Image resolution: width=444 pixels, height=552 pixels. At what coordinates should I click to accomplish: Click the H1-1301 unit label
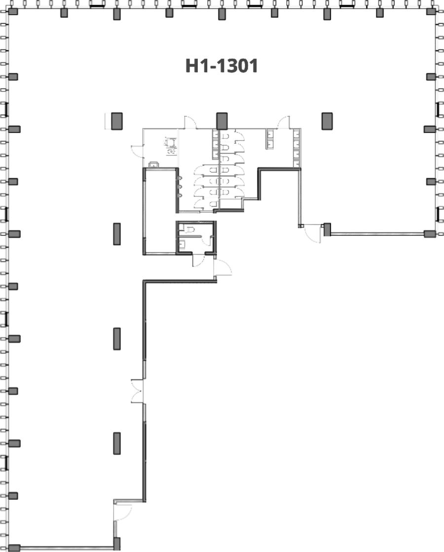[222, 66]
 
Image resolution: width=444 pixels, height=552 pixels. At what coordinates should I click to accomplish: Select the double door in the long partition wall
[137, 391]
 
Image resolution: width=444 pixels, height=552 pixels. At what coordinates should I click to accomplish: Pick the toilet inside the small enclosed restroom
[190, 230]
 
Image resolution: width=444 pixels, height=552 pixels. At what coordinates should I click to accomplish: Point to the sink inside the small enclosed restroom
[183, 244]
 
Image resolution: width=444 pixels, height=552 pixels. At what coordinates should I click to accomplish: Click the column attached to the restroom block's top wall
[222, 121]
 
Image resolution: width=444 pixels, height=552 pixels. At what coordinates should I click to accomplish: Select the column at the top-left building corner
[13, 11]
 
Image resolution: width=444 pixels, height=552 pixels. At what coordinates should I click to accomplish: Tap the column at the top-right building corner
[431, 11]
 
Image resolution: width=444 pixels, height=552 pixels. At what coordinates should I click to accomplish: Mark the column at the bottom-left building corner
[14, 548]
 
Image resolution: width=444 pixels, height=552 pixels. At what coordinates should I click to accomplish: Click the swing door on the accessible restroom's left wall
[138, 151]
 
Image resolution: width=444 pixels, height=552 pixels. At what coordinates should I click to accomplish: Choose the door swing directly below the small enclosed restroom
[198, 260]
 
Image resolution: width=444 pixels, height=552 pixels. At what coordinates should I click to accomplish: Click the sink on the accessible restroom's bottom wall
[154, 164]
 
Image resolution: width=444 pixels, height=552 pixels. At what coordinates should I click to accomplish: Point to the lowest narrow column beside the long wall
[117, 443]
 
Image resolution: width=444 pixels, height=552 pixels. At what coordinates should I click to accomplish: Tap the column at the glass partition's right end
[430, 234]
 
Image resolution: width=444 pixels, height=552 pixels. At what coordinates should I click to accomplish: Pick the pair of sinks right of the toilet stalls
[270, 139]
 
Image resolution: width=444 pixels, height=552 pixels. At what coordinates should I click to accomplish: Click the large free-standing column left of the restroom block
[117, 121]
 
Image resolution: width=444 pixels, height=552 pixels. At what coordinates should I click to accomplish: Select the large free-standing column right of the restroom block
[327, 121]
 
